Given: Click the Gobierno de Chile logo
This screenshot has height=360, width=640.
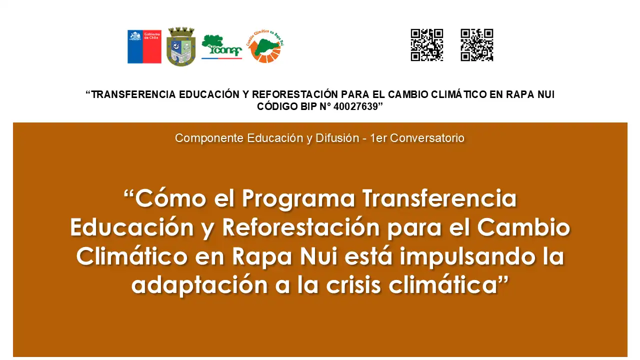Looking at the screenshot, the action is (144, 46).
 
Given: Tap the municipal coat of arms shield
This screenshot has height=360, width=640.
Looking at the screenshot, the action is (181, 46).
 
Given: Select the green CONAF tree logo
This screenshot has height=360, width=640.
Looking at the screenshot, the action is (221, 47).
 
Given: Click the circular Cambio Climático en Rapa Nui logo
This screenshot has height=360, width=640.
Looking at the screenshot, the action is (265, 46).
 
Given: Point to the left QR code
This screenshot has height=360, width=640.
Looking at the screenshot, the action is (427, 45).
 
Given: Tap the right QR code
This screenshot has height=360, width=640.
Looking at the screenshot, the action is (477, 45).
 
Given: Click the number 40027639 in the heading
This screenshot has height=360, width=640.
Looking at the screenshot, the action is (355, 106).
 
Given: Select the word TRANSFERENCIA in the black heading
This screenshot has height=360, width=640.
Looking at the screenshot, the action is (133, 94).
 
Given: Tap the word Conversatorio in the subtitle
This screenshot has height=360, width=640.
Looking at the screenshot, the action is (427, 138).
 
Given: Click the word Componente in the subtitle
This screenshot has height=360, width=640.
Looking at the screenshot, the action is (209, 138).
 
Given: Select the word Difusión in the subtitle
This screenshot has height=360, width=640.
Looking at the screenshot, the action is (337, 138).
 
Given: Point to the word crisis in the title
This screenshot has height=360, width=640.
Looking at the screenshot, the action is (353, 285).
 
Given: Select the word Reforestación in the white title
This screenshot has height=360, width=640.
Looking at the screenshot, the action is (301, 227).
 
